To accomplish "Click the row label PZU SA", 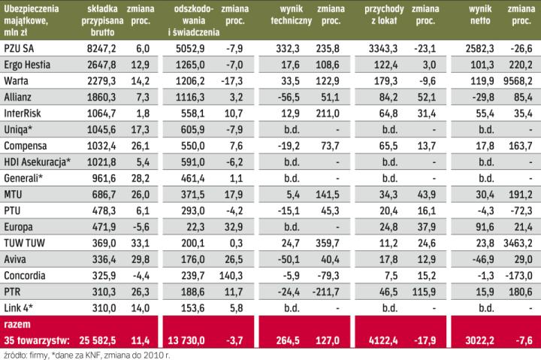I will click(19, 49).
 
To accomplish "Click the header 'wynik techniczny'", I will click(291, 15).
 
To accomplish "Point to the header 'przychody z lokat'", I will click(383, 15).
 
